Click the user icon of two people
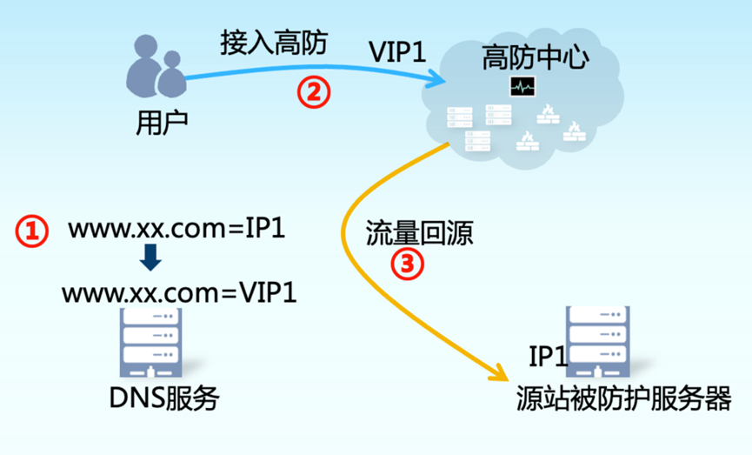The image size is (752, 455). point(157,70)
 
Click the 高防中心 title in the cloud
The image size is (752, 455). point(536,57)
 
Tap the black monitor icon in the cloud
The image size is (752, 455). point(523,86)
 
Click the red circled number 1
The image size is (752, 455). point(31,230)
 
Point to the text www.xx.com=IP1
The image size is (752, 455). point(177,230)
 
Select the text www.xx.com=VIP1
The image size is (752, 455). point(179,292)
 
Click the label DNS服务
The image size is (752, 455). point(164,398)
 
